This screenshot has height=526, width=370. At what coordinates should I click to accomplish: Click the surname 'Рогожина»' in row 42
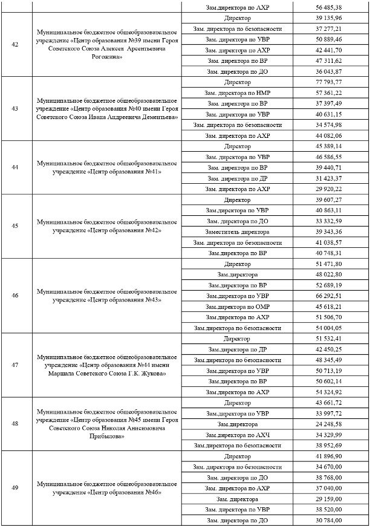click(107, 57)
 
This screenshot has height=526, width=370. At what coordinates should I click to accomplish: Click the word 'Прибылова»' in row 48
click(107, 435)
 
